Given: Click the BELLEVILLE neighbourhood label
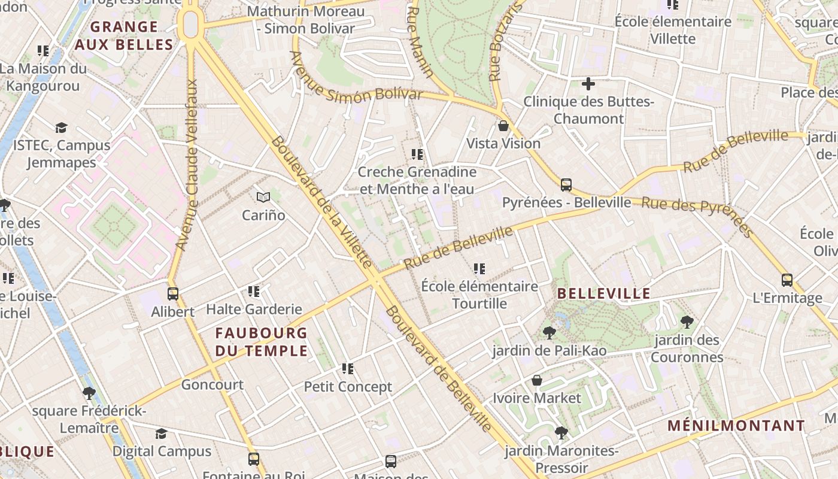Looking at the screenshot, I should (x=603, y=293).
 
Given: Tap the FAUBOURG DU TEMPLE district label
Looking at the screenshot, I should (x=262, y=342).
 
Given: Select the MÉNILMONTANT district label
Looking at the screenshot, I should (x=736, y=426).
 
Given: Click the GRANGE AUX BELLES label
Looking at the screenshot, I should (x=124, y=36).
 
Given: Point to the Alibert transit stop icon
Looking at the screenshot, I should (x=173, y=293).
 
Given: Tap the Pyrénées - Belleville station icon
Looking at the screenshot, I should (x=566, y=184).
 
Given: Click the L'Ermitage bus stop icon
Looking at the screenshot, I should (x=787, y=280).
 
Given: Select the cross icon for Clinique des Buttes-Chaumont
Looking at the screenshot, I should (x=588, y=84).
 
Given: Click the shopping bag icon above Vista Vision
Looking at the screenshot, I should (x=503, y=126).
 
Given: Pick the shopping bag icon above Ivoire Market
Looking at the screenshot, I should (x=537, y=380).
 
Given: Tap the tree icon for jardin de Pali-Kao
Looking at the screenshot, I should (x=549, y=333).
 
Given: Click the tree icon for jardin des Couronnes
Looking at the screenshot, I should (x=687, y=322).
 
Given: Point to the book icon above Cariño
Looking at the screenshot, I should (x=263, y=196).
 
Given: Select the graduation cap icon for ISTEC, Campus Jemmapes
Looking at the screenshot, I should (x=61, y=128).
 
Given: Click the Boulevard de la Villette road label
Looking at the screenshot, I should (x=321, y=201).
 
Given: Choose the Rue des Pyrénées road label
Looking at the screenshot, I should (x=697, y=216).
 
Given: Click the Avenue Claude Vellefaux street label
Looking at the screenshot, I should (x=187, y=165).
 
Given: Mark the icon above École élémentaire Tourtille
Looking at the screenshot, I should (x=479, y=269).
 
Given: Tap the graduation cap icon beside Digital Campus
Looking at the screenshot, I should (x=161, y=433).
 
